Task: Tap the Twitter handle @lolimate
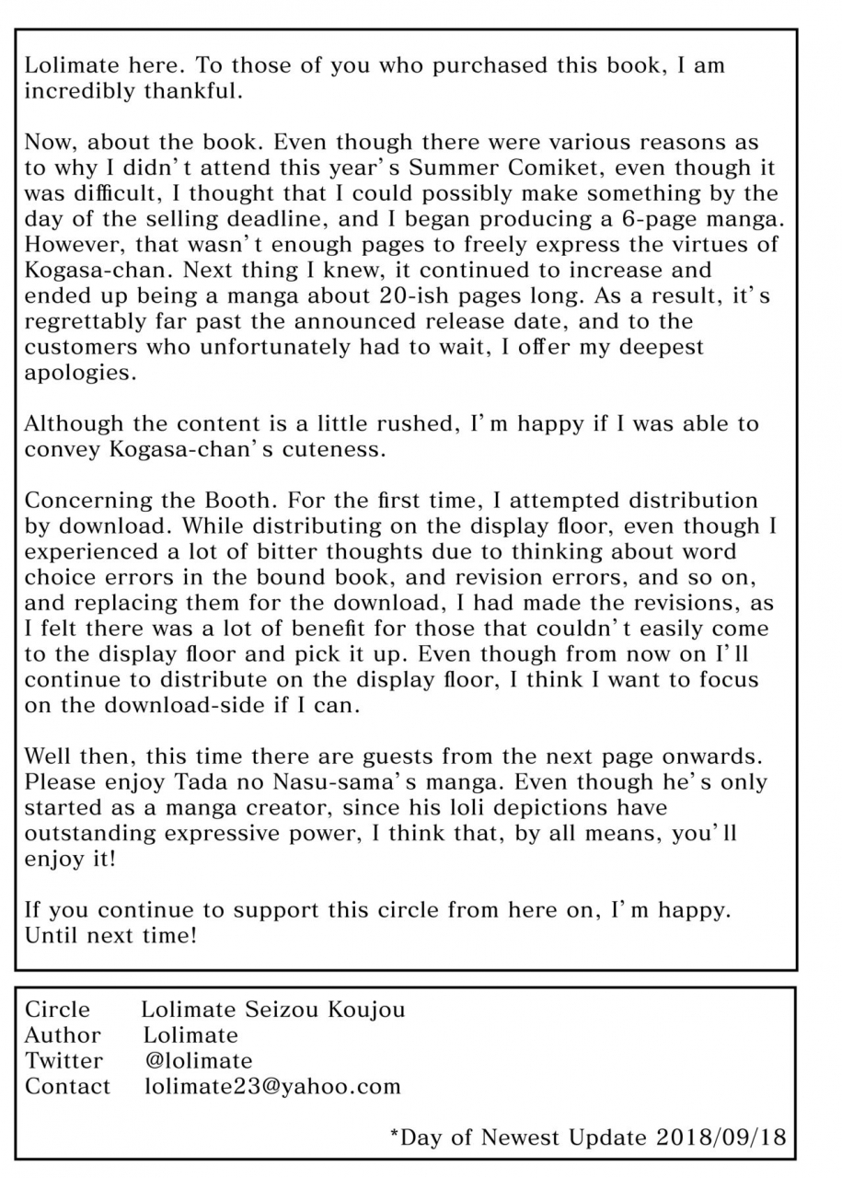(x=199, y=1060)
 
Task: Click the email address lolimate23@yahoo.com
(x=272, y=1086)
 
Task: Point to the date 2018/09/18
(x=721, y=1137)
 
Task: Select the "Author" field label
(x=62, y=1035)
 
